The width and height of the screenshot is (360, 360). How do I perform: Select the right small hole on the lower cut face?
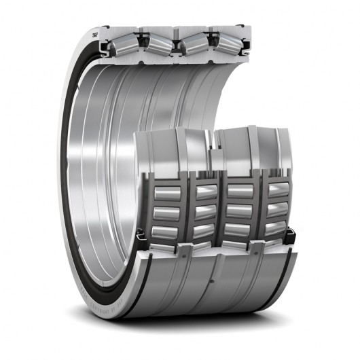[x=257, y=249]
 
